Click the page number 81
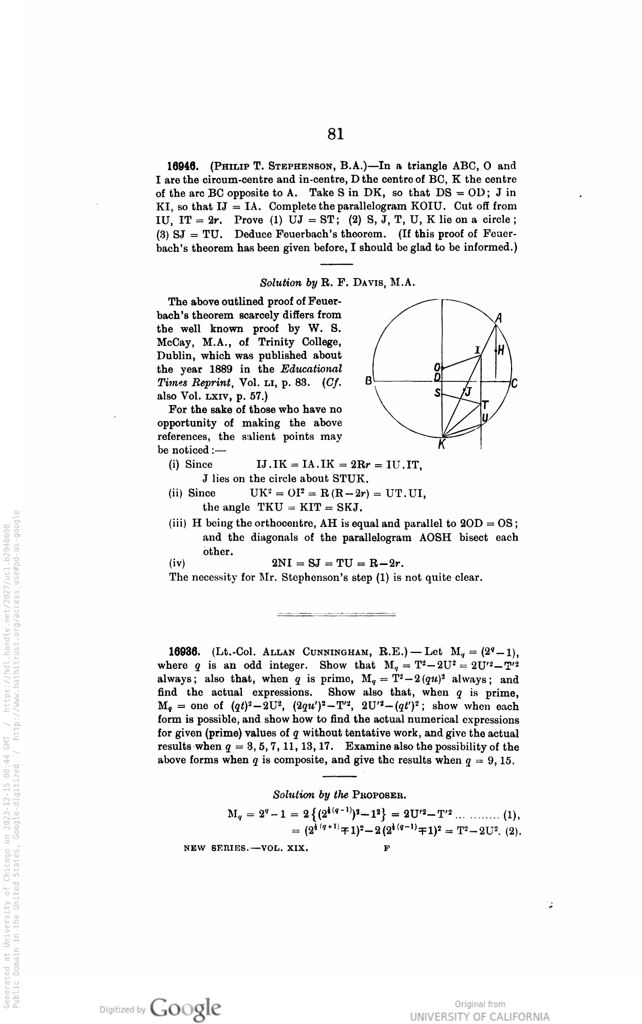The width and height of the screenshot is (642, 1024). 335,134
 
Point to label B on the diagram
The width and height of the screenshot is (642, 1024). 368,381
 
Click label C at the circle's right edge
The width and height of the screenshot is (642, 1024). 514,383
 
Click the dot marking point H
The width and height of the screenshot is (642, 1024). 496,351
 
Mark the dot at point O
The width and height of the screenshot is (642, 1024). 442,368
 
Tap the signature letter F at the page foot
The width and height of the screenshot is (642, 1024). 387,849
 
